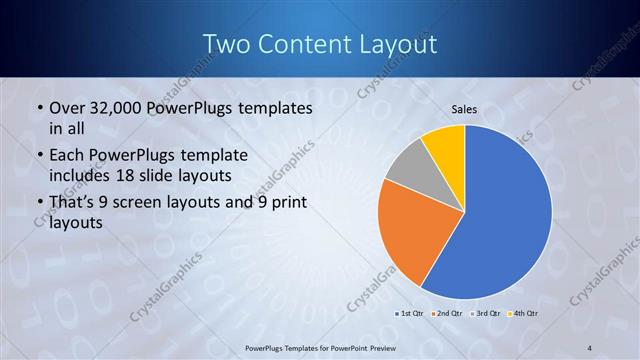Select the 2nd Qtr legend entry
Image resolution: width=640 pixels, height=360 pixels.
[x=446, y=313]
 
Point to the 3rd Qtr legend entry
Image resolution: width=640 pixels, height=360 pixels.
[x=485, y=313]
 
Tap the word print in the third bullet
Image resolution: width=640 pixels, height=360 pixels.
[x=287, y=203]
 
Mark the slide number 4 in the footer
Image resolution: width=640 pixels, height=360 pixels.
[x=589, y=348]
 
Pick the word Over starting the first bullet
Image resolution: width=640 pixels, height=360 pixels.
[x=69, y=107]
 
